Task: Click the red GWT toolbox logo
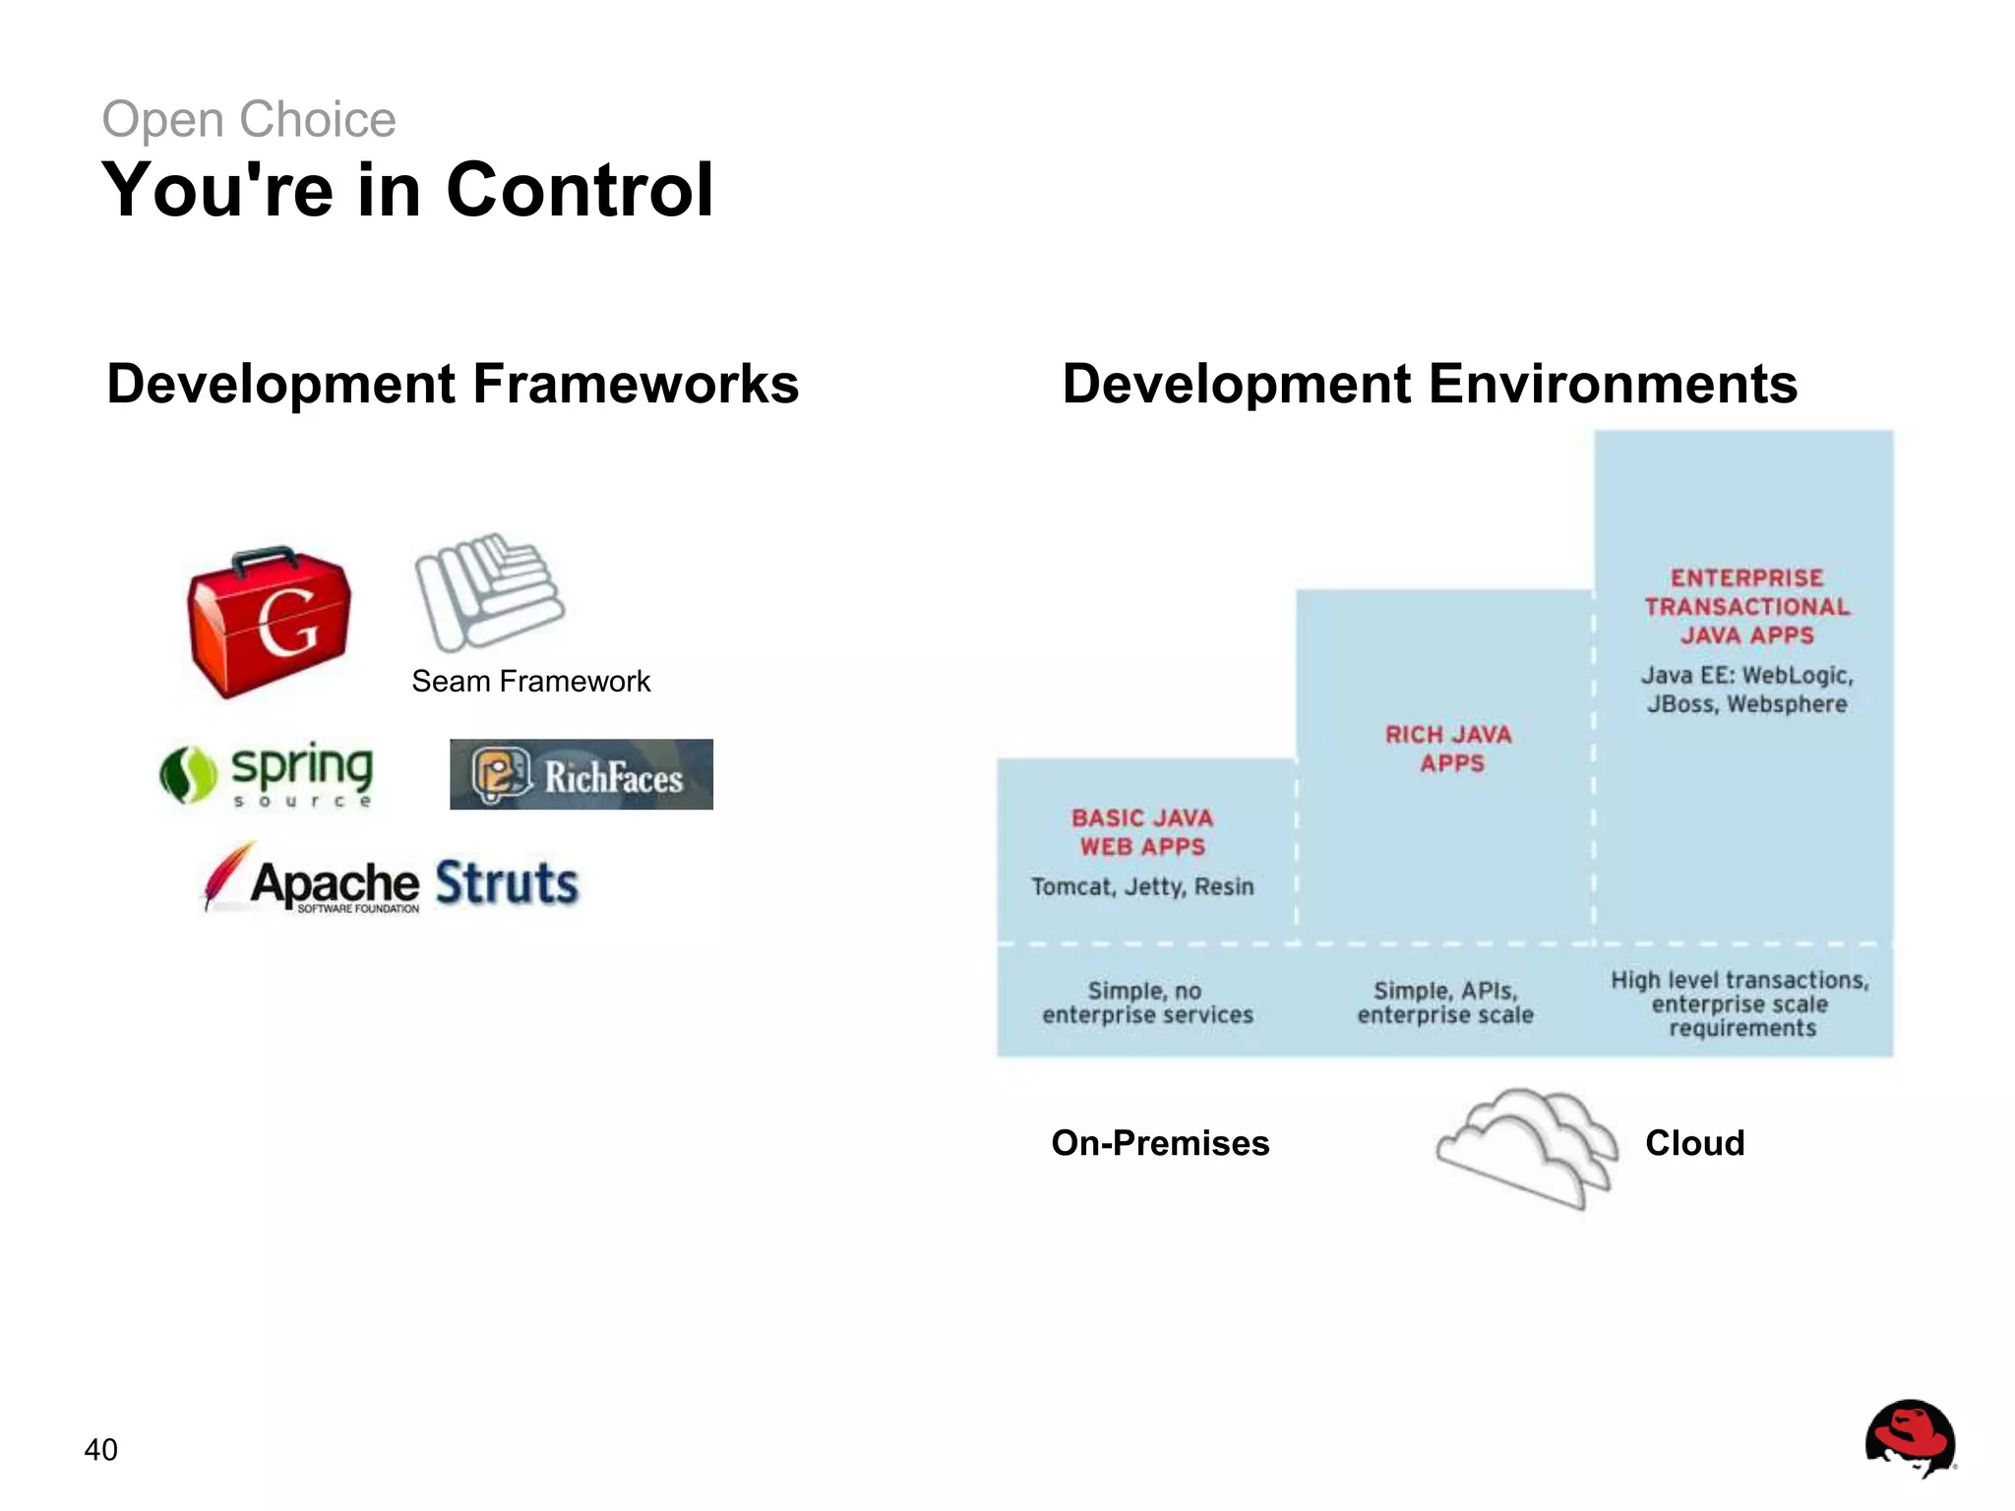(x=269, y=623)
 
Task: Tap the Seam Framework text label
(x=530, y=681)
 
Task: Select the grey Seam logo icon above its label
(x=489, y=591)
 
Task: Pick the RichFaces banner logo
(x=580, y=774)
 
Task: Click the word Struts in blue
(x=506, y=882)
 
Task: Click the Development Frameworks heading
(x=453, y=384)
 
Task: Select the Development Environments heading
(x=1429, y=384)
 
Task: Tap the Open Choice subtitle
(x=249, y=120)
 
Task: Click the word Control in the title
(x=580, y=189)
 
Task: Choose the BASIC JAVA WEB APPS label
(x=1142, y=832)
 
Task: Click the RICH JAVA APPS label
(x=1449, y=749)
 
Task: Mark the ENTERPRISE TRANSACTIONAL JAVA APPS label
(x=1746, y=606)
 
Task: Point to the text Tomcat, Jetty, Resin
(x=1142, y=887)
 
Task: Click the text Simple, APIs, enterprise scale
(x=1445, y=1002)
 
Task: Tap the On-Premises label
(x=1160, y=1143)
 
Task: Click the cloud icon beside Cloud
(x=1526, y=1147)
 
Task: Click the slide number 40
(x=101, y=1449)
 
